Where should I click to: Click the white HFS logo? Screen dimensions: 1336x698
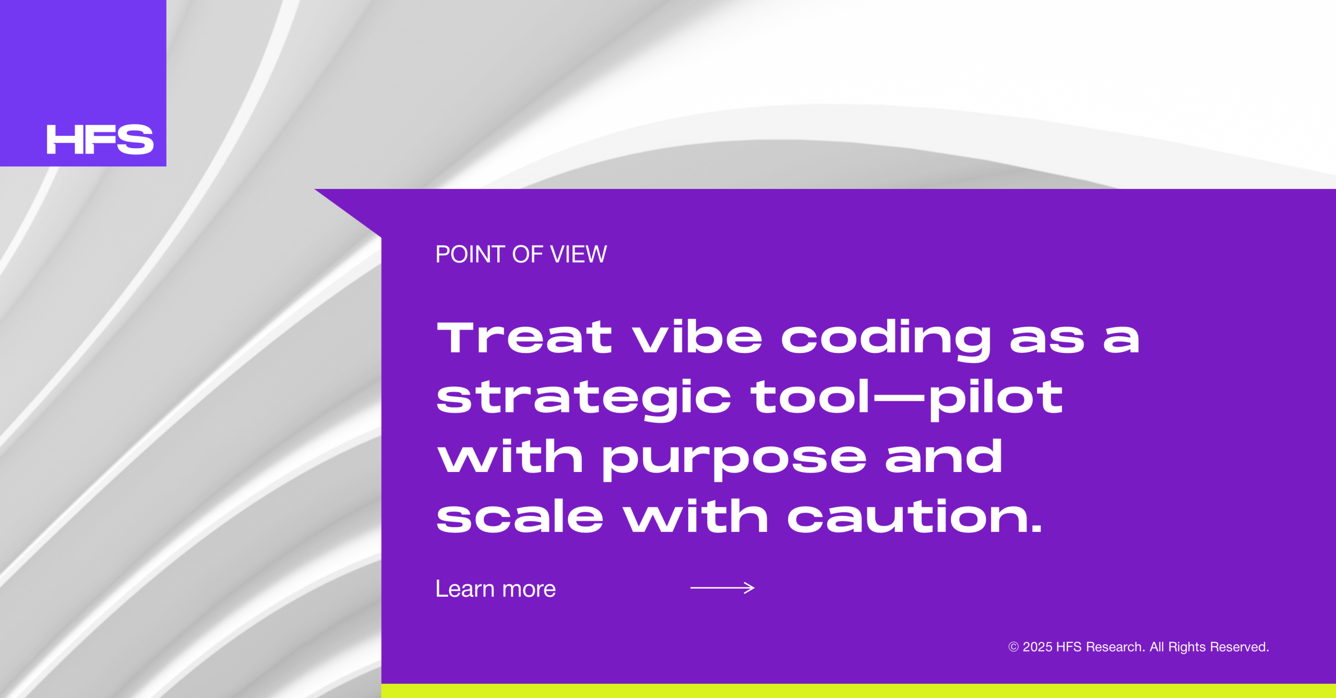(100, 139)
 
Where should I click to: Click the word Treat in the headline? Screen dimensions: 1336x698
(524, 337)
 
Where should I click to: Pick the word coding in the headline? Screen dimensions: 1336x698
(886, 340)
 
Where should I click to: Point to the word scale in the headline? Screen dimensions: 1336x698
(520, 516)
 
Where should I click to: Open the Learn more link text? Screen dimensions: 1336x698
(495, 589)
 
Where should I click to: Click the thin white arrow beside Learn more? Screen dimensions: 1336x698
(722, 588)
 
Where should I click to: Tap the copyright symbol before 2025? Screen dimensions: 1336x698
(1013, 647)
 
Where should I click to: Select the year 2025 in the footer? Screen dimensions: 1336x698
(1037, 647)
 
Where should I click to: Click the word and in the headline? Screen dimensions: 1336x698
(944, 456)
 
